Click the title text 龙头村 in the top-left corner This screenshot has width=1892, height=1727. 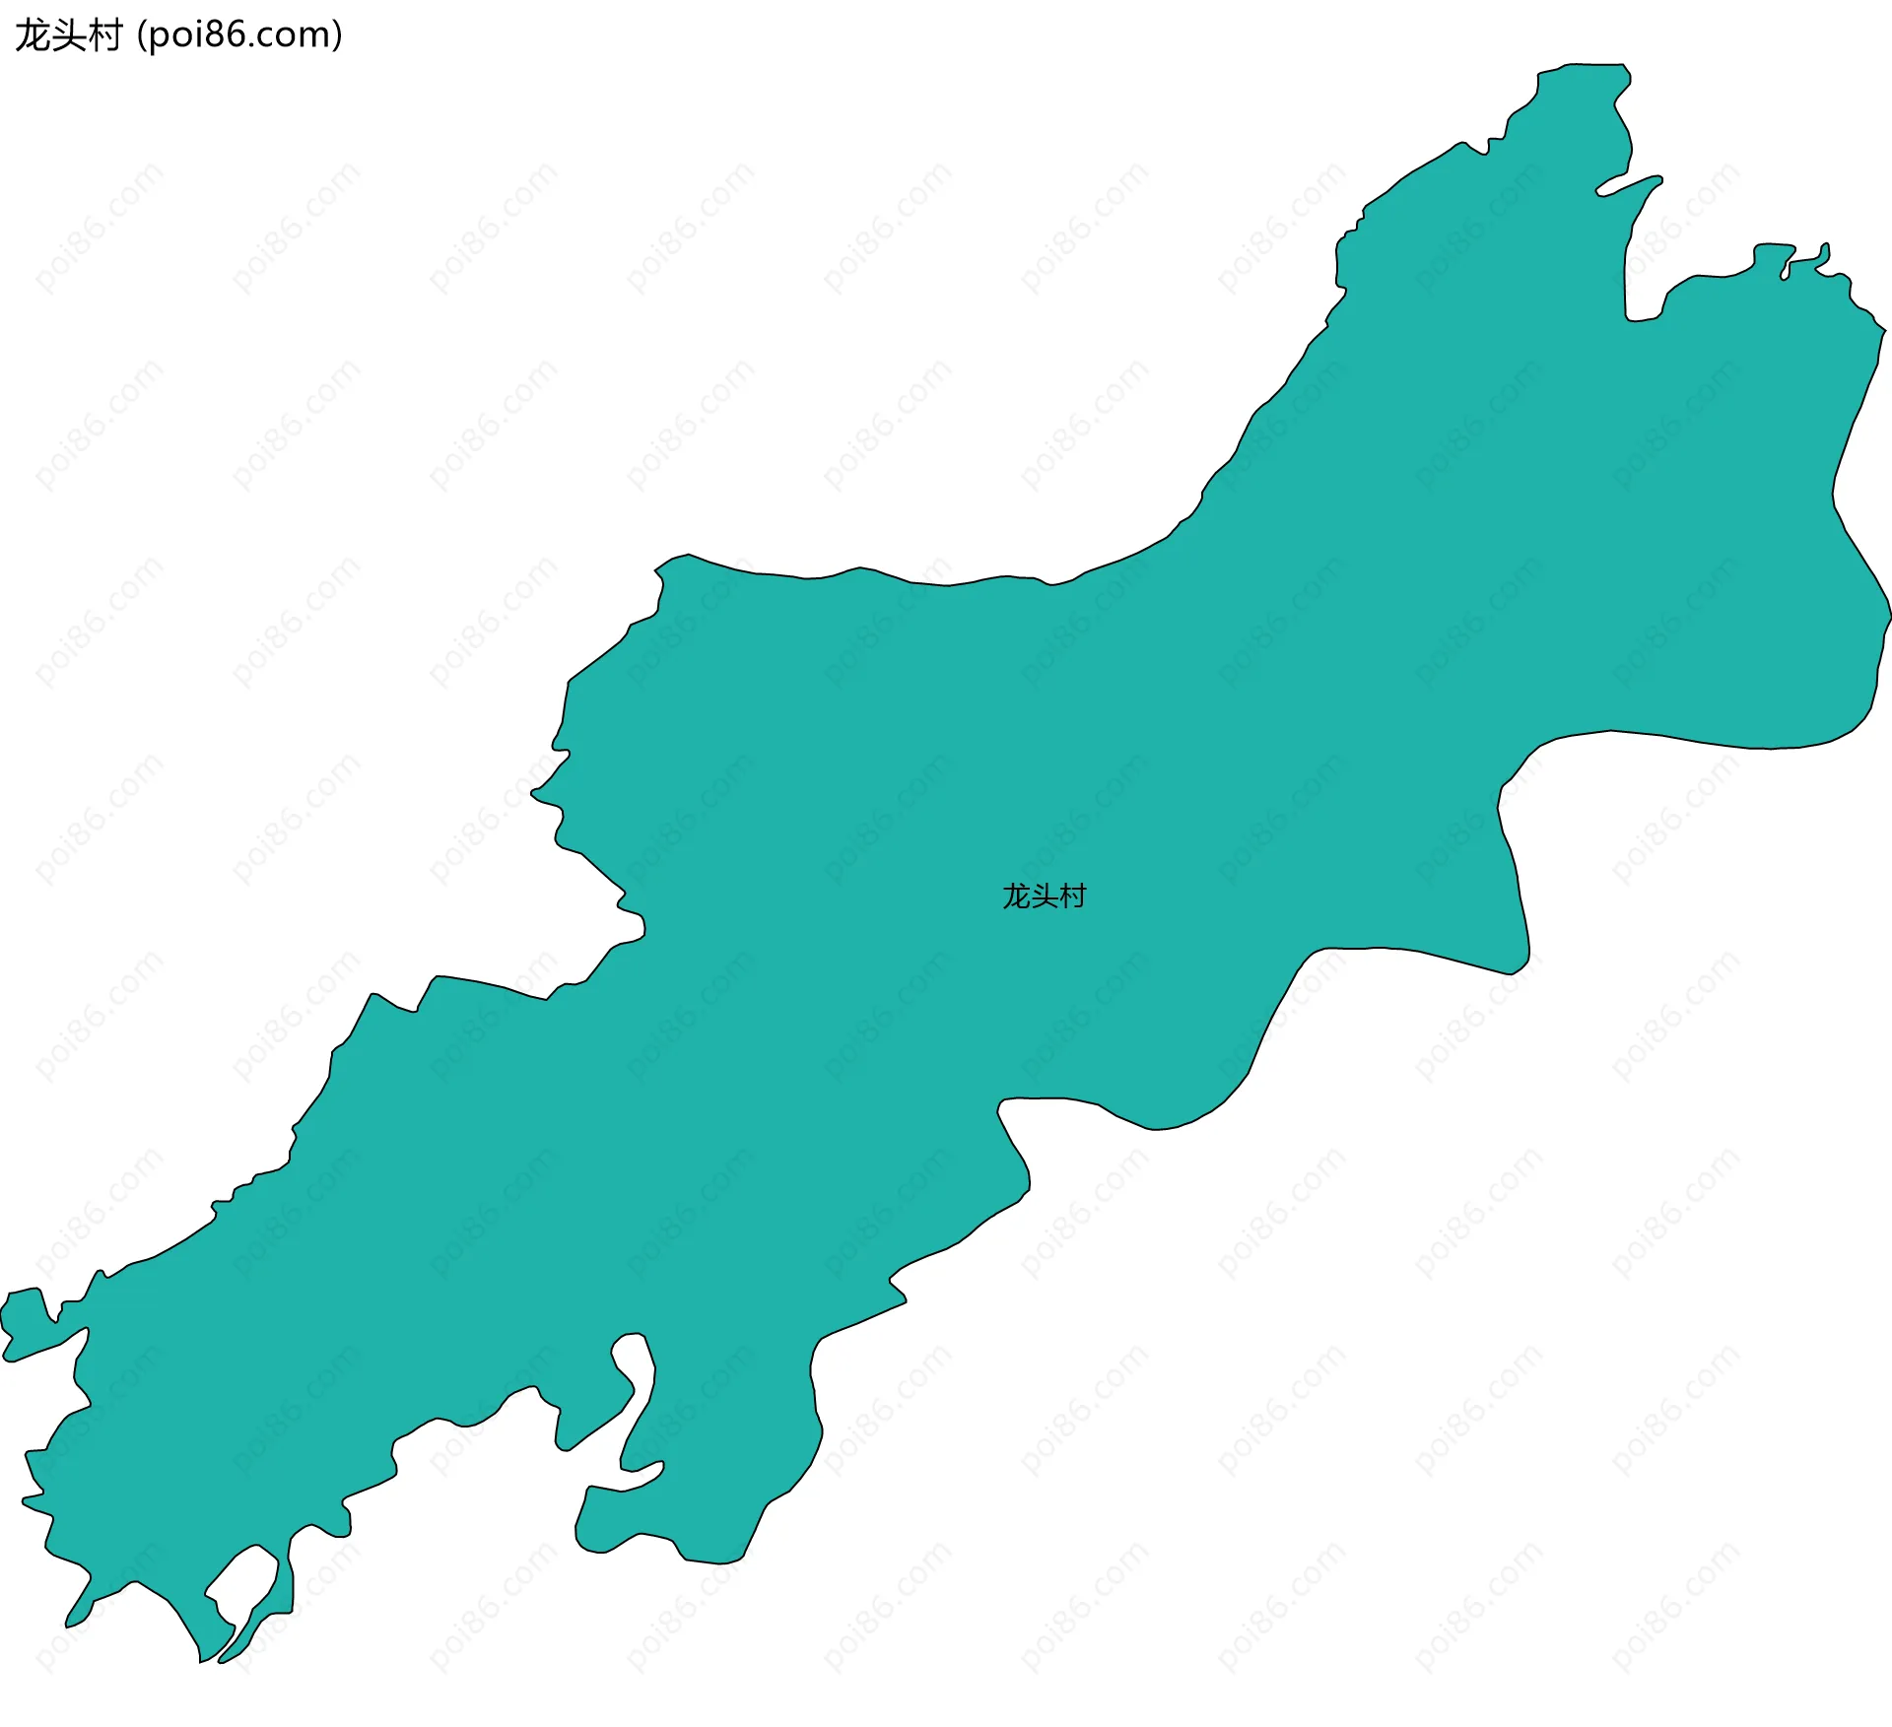click(x=68, y=35)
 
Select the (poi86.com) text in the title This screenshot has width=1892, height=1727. click(x=239, y=35)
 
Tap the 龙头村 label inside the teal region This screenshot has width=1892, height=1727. click(x=1044, y=897)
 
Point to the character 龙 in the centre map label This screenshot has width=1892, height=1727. click(x=1016, y=897)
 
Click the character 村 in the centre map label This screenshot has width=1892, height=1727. click(x=1072, y=897)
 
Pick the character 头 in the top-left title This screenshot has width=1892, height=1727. click(x=68, y=35)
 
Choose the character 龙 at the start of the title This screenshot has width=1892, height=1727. click(x=33, y=35)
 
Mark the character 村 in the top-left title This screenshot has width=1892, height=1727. click(x=103, y=35)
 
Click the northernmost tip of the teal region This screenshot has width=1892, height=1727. click(x=1596, y=67)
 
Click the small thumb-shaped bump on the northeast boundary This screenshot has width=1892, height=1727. click(x=1824, y=254)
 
